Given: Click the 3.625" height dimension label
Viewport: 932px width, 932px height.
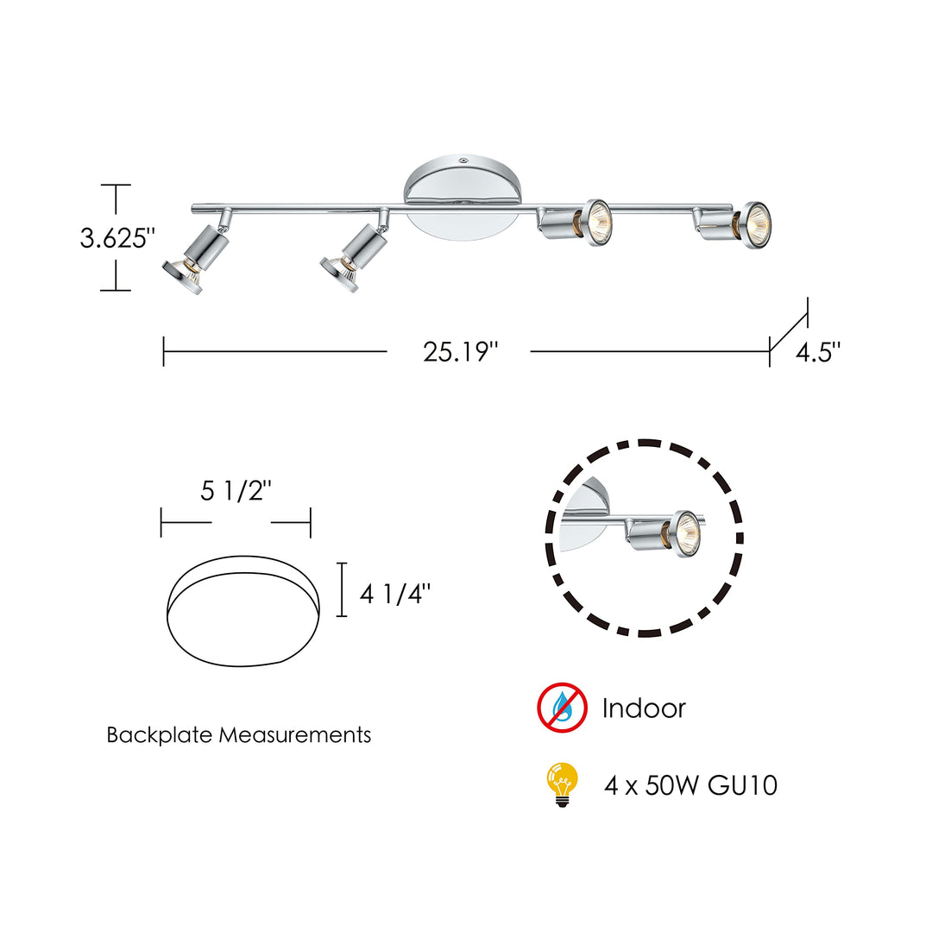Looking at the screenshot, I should pos(117,237).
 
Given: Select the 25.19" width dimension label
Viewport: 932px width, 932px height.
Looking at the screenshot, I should pos(460,352).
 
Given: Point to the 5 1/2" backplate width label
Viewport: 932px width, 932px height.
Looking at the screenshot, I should pos(236,492).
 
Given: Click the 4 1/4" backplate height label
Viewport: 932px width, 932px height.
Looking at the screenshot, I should pos(394,595).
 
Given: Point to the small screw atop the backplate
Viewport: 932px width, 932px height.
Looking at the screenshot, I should pos(463,161).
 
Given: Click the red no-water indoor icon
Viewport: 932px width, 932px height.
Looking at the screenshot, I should pos(562,708).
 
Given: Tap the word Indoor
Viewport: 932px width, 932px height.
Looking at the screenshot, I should pos(644,708).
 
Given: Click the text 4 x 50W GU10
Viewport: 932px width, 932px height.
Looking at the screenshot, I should pos(690,786).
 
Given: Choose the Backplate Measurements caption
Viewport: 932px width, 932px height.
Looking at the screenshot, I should pos(239,735).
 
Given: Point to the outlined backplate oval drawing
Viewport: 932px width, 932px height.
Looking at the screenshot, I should pos(244,615).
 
